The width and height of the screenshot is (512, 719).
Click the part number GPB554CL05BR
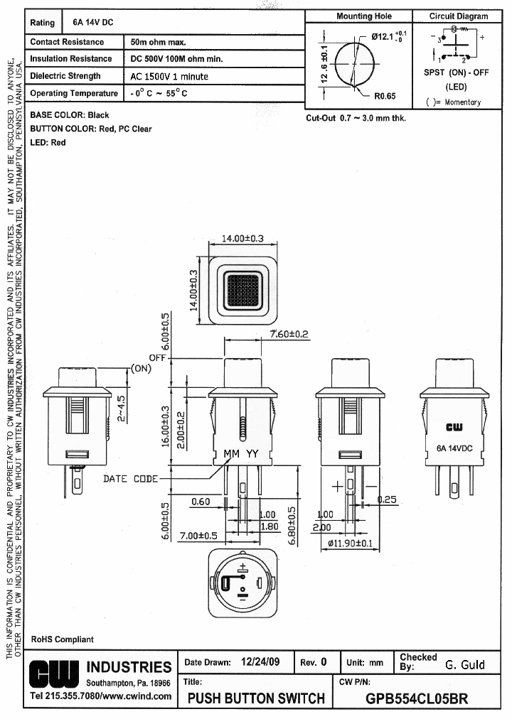coord(417,698)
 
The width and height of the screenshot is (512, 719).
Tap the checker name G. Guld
coord(465,665)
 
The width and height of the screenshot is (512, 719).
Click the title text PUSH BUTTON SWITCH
coord(256,698)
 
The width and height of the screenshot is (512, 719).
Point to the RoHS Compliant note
coord(62,639)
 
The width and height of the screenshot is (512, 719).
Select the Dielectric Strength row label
coord(65,76)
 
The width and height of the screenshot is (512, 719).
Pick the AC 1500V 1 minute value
coord(169,77)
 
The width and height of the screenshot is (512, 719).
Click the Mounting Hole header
coord(363,16)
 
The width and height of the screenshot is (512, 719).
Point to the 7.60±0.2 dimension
coord(289,334)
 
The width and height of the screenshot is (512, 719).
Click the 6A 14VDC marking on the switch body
coord(454,449)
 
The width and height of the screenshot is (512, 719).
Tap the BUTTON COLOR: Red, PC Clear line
coord(91,129)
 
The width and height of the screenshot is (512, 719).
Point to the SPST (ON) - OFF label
coord(456,73)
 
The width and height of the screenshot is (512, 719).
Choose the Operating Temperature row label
coord(74,94)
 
